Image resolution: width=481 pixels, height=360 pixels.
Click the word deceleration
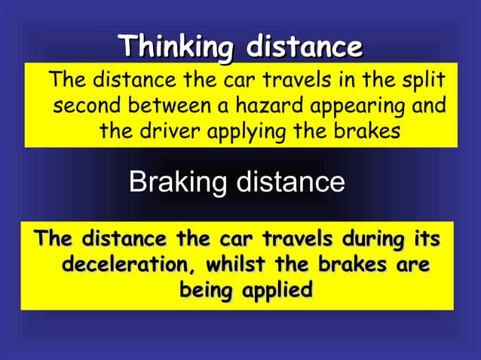pos(121,265)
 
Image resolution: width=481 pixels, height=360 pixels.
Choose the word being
pos(204,290)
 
